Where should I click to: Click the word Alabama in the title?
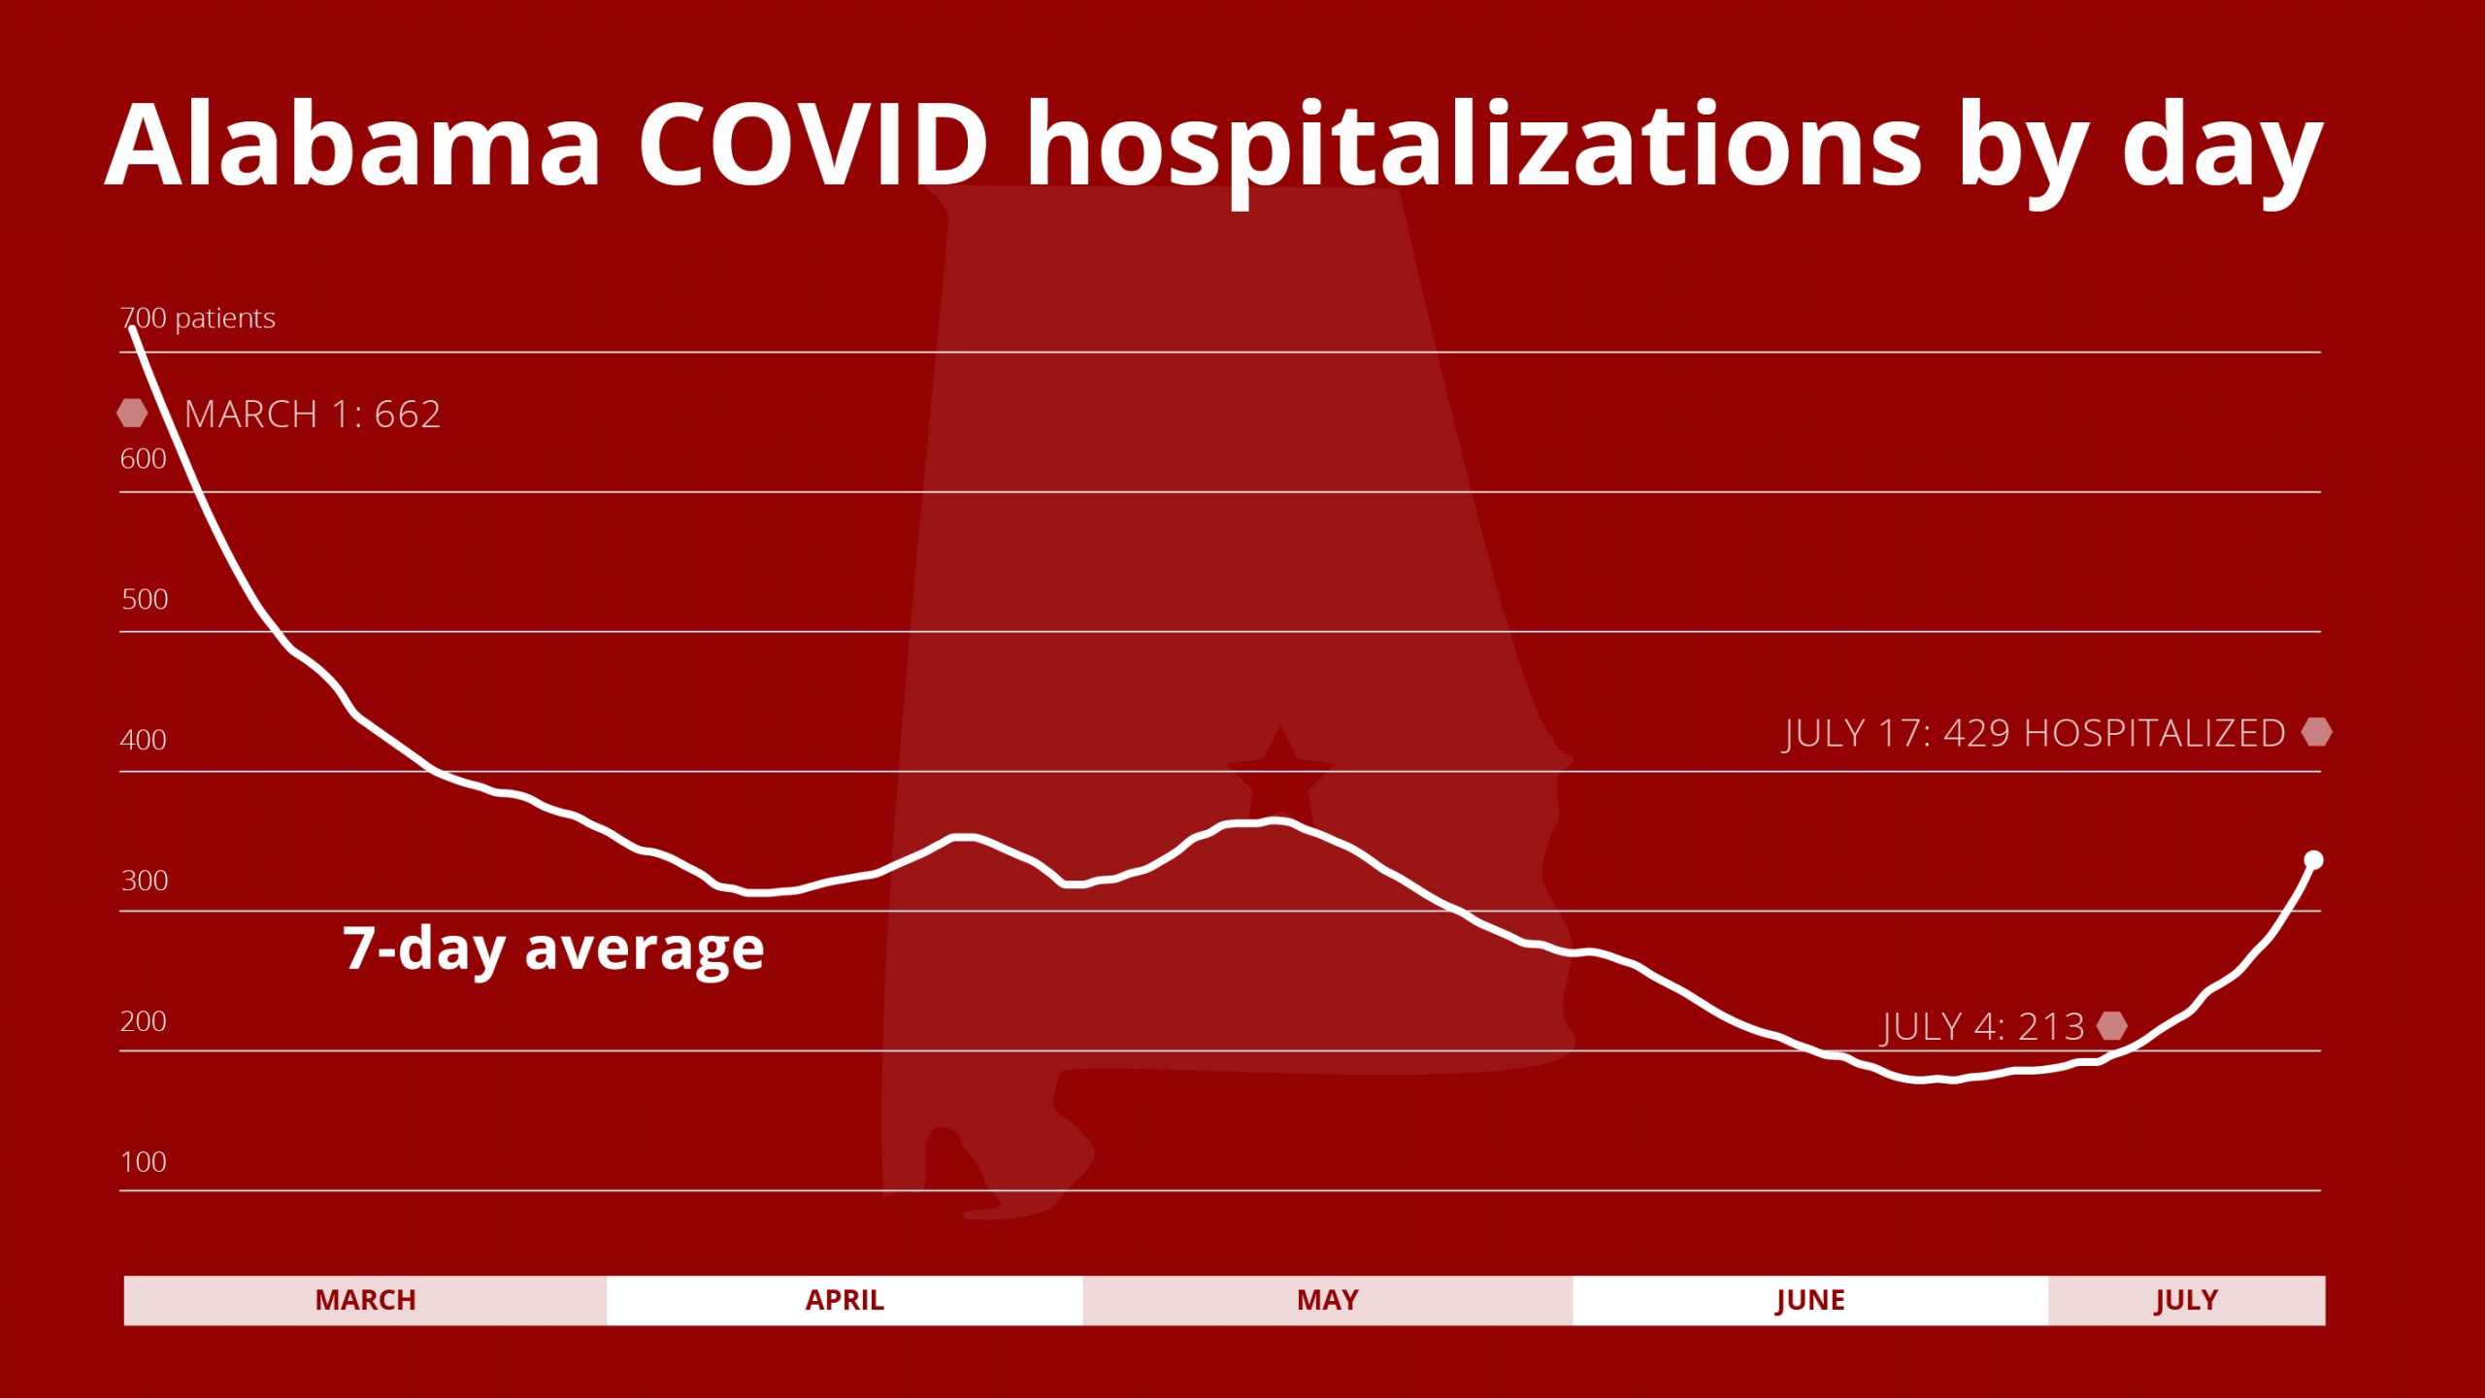(354, 146)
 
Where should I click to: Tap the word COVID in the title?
(813, 146)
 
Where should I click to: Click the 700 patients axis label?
(198, 318)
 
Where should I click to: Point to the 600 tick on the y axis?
(143, 459)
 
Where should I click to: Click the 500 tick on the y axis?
(145, 599)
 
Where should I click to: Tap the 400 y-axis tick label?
(143, 740)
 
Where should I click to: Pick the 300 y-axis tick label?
(145, 881)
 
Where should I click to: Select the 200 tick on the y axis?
(143, 1021)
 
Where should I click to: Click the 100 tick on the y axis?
(143, 1162)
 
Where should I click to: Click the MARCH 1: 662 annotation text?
(313, 415)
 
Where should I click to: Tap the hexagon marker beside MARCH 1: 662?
(132, 414)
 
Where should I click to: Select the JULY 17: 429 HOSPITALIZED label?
(2035, 733)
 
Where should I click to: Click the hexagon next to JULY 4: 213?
(2112, 1025)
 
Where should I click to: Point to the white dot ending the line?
(2314, 860)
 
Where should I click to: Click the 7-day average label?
(553, 949)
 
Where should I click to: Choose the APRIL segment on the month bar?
(845, 1300)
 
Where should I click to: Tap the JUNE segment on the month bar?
(1810, 1300)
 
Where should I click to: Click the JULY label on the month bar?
(2186, 1300)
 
